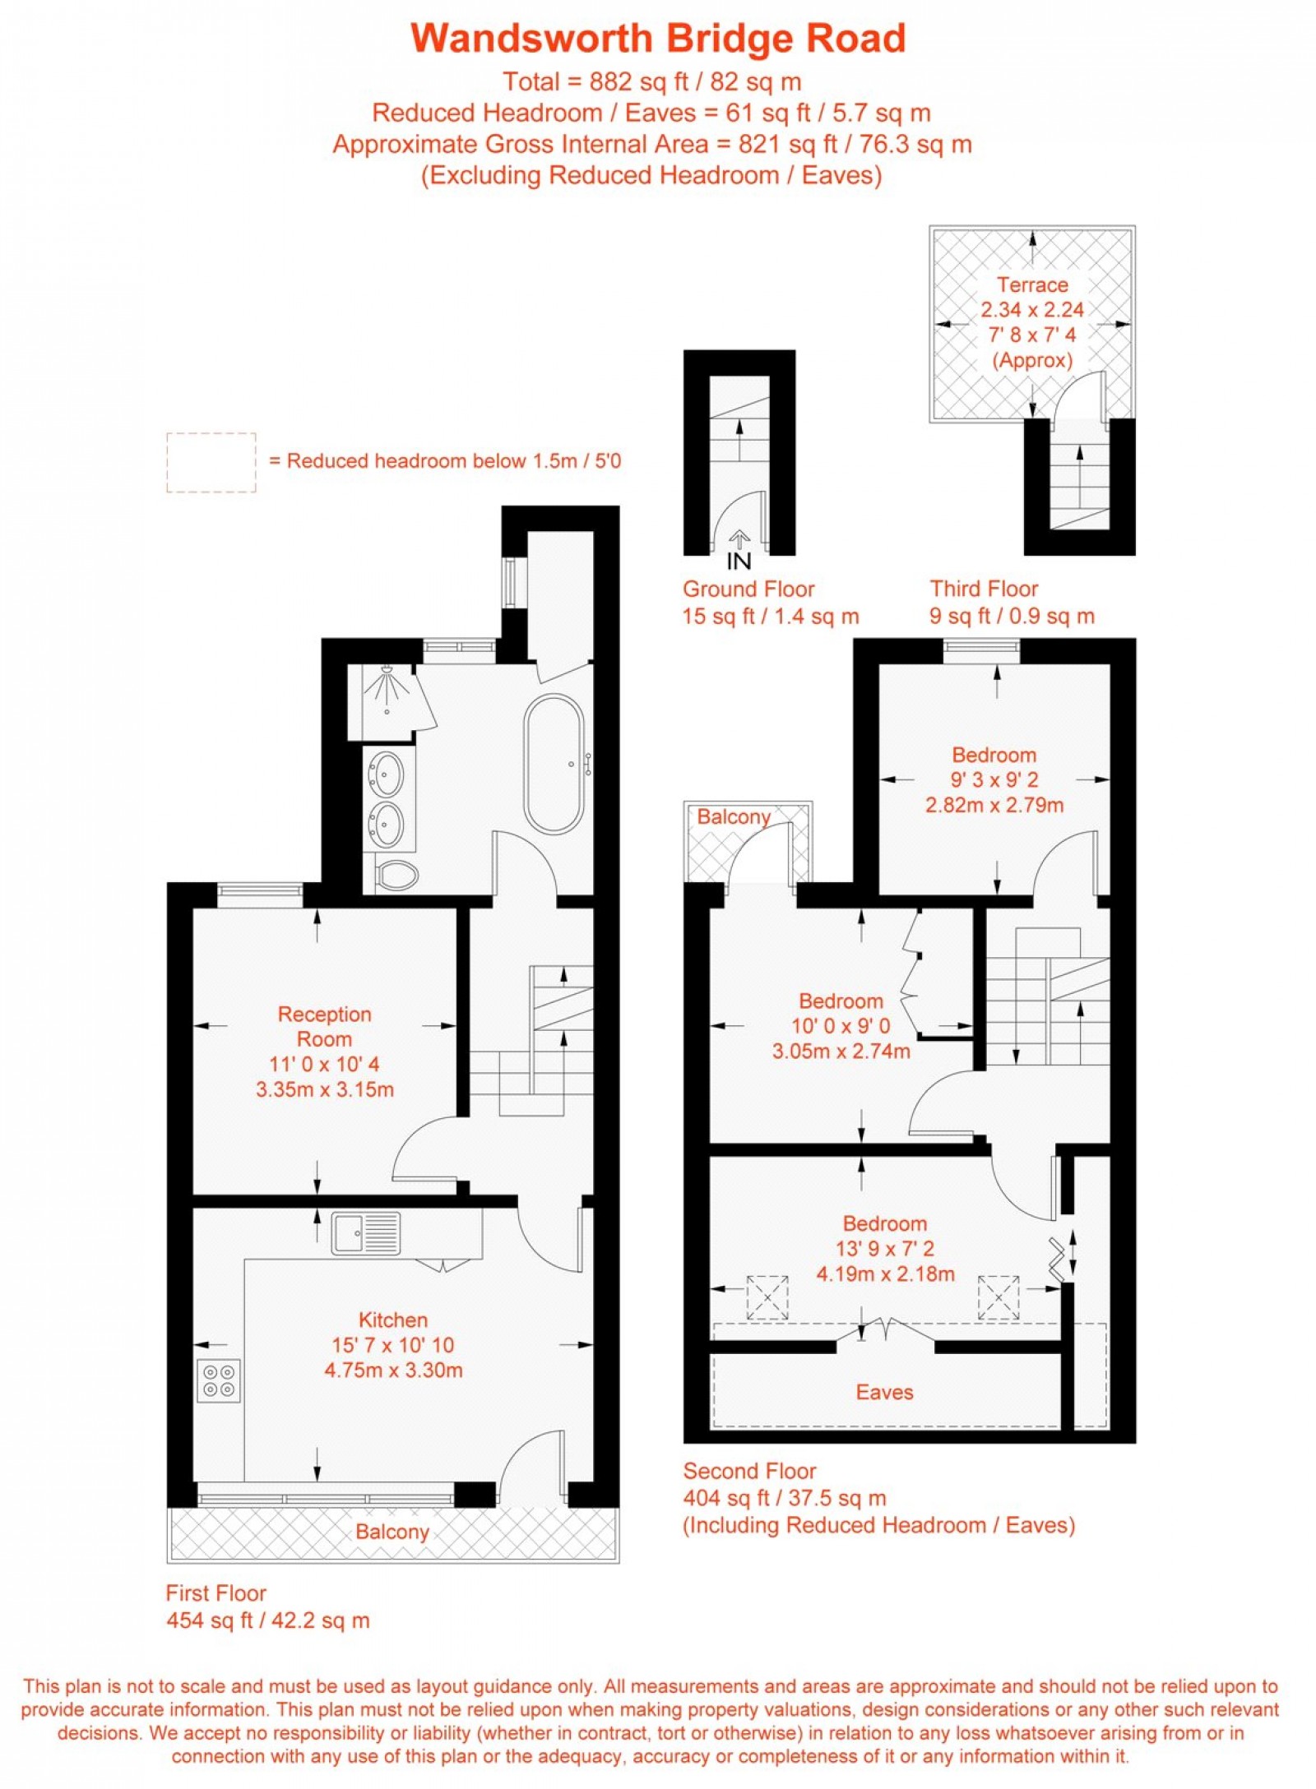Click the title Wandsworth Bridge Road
tap(658, 39)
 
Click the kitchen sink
tap(365, 1234)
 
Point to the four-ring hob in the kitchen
tap(219, 1380)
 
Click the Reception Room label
tap(324, 1026)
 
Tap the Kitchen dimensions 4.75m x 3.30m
tap(393, 1370)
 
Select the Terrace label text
tap(1032, 285)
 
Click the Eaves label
tap(884, 1392)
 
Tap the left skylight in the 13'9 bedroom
tap(767, 1297)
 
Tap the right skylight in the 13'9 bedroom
tap(998, 1297)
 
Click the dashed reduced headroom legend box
tap(211, 462)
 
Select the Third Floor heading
tap(984, 589)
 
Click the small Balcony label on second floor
tap(734, 816)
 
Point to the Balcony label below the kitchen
tap(392, 1532)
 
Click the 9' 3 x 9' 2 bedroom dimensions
tap(994, 779)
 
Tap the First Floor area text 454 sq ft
tap(267, 1620)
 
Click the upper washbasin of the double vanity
tap(387, 774)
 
